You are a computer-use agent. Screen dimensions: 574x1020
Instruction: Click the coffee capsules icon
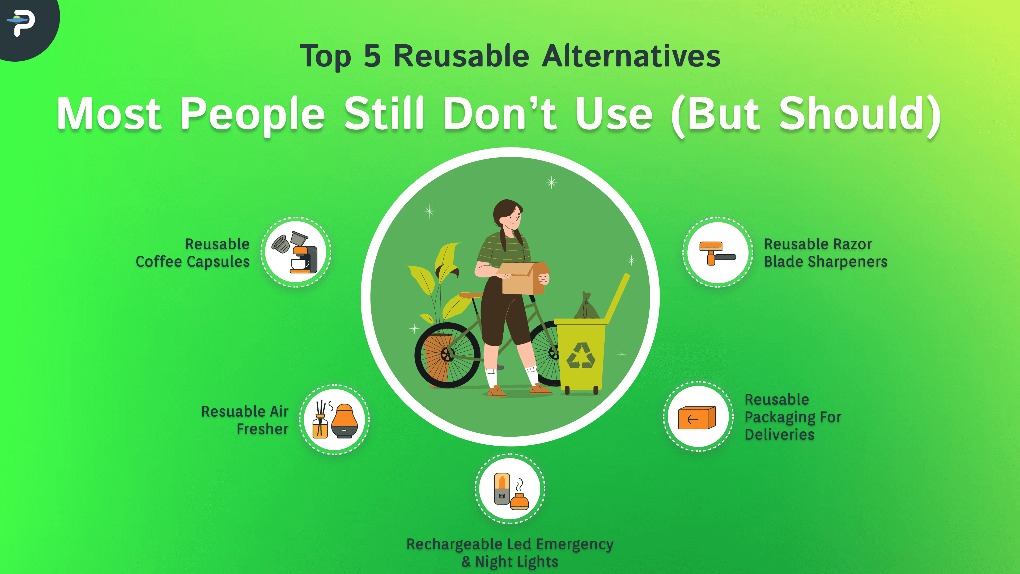click(x=296, y=252)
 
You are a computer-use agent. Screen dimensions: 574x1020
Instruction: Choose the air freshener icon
click(x=335, y=420)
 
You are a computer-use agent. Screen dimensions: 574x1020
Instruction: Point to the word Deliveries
click(x=779, y=434)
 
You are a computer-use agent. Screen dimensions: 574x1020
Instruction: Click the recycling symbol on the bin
click(x=580, y=355)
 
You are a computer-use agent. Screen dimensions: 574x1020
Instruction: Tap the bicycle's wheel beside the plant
click(x=447, y=355)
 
